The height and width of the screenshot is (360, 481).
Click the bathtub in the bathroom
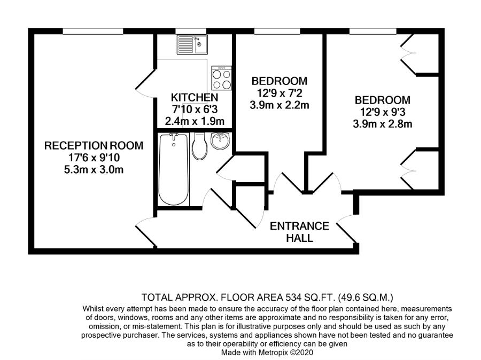[x=174, y=169]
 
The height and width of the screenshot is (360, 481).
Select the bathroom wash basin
[x=220, y=141]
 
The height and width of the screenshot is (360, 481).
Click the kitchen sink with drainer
[x=192, y=44]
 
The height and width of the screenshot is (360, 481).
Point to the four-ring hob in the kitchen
[x=221, y=78]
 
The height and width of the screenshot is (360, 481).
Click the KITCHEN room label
[x=195, y=98]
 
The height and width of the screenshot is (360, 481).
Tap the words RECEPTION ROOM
[x=94, y=145]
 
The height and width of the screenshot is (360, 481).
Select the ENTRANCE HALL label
[x=299, y=232]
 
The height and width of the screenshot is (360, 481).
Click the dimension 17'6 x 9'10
[x=94, y=158]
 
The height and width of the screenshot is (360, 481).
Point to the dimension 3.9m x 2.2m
[x=279, y=105]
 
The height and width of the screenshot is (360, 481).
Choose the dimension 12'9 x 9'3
[x=383, y=112]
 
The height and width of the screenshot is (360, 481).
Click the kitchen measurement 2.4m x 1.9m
[x=195, y=121]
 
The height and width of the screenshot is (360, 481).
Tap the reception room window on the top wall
[x=93, y=32]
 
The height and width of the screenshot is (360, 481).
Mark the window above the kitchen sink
[x=190, y=32]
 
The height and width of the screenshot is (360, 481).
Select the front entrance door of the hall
[x=347, y=229]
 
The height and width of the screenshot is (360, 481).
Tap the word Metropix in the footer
[x=274, y=353]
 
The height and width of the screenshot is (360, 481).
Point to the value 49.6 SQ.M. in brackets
[x=366, y=297]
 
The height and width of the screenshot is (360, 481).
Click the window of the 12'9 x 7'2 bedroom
[x=277, y=32]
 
